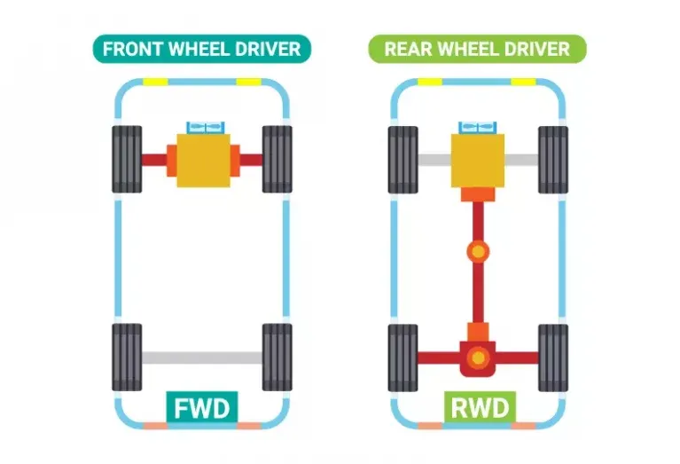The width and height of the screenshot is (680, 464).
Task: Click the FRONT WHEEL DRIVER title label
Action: point(201,48)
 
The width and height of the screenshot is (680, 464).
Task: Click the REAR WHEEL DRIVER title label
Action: point(477,48)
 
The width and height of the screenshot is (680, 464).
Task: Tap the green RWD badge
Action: point(478,408)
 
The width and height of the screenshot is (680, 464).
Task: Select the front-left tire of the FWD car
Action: point(127,160)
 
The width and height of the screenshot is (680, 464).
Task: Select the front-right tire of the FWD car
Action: point(277,160)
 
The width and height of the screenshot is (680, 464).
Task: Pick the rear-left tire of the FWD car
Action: point(127,358)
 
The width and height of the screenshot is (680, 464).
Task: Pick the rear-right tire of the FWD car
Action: point(277,358)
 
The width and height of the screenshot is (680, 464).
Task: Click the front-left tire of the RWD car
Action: point(403,160)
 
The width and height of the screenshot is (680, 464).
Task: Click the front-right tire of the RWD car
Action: point(553,160)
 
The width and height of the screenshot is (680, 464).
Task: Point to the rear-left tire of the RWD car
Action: point(403,358)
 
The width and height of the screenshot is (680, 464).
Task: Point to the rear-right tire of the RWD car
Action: point(553,358)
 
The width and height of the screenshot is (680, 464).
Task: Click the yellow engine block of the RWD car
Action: point(479,160)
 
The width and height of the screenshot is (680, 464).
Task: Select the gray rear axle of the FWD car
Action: point(202,358)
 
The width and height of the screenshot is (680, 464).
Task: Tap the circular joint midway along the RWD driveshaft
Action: point(478,252)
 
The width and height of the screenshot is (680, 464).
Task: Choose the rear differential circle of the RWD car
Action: point(478,358)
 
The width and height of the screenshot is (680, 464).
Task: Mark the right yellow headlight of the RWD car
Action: point(523,82)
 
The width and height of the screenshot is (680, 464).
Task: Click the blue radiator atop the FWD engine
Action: point(203,128)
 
